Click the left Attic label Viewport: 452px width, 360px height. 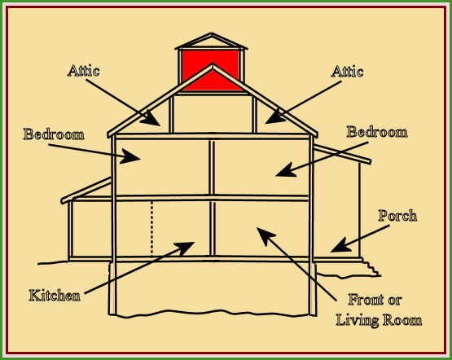coord(84,71)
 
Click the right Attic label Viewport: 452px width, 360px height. coord(347,72)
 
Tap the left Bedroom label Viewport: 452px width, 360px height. coord(54,134)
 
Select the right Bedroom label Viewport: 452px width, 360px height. coord(377,132)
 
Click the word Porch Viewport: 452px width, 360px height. coord(397,216)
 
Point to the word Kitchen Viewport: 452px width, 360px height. coord(55,296)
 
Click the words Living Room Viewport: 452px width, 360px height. coord(379,320)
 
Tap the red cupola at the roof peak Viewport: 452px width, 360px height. coord(211,70)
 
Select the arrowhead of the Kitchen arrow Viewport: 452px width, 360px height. coord(186,247)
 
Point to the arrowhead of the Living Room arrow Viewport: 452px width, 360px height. coord(265,235)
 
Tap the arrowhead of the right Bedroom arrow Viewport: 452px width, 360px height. coord(285,170)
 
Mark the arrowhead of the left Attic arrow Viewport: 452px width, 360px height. coord(151,120)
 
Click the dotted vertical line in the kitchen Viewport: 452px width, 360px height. coord(152,229)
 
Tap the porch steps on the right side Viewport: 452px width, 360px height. coord(371,268)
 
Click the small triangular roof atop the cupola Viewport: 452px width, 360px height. coord(211,41)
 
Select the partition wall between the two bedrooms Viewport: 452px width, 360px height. coord(212,168)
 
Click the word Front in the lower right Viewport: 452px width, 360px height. coord(365,300)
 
